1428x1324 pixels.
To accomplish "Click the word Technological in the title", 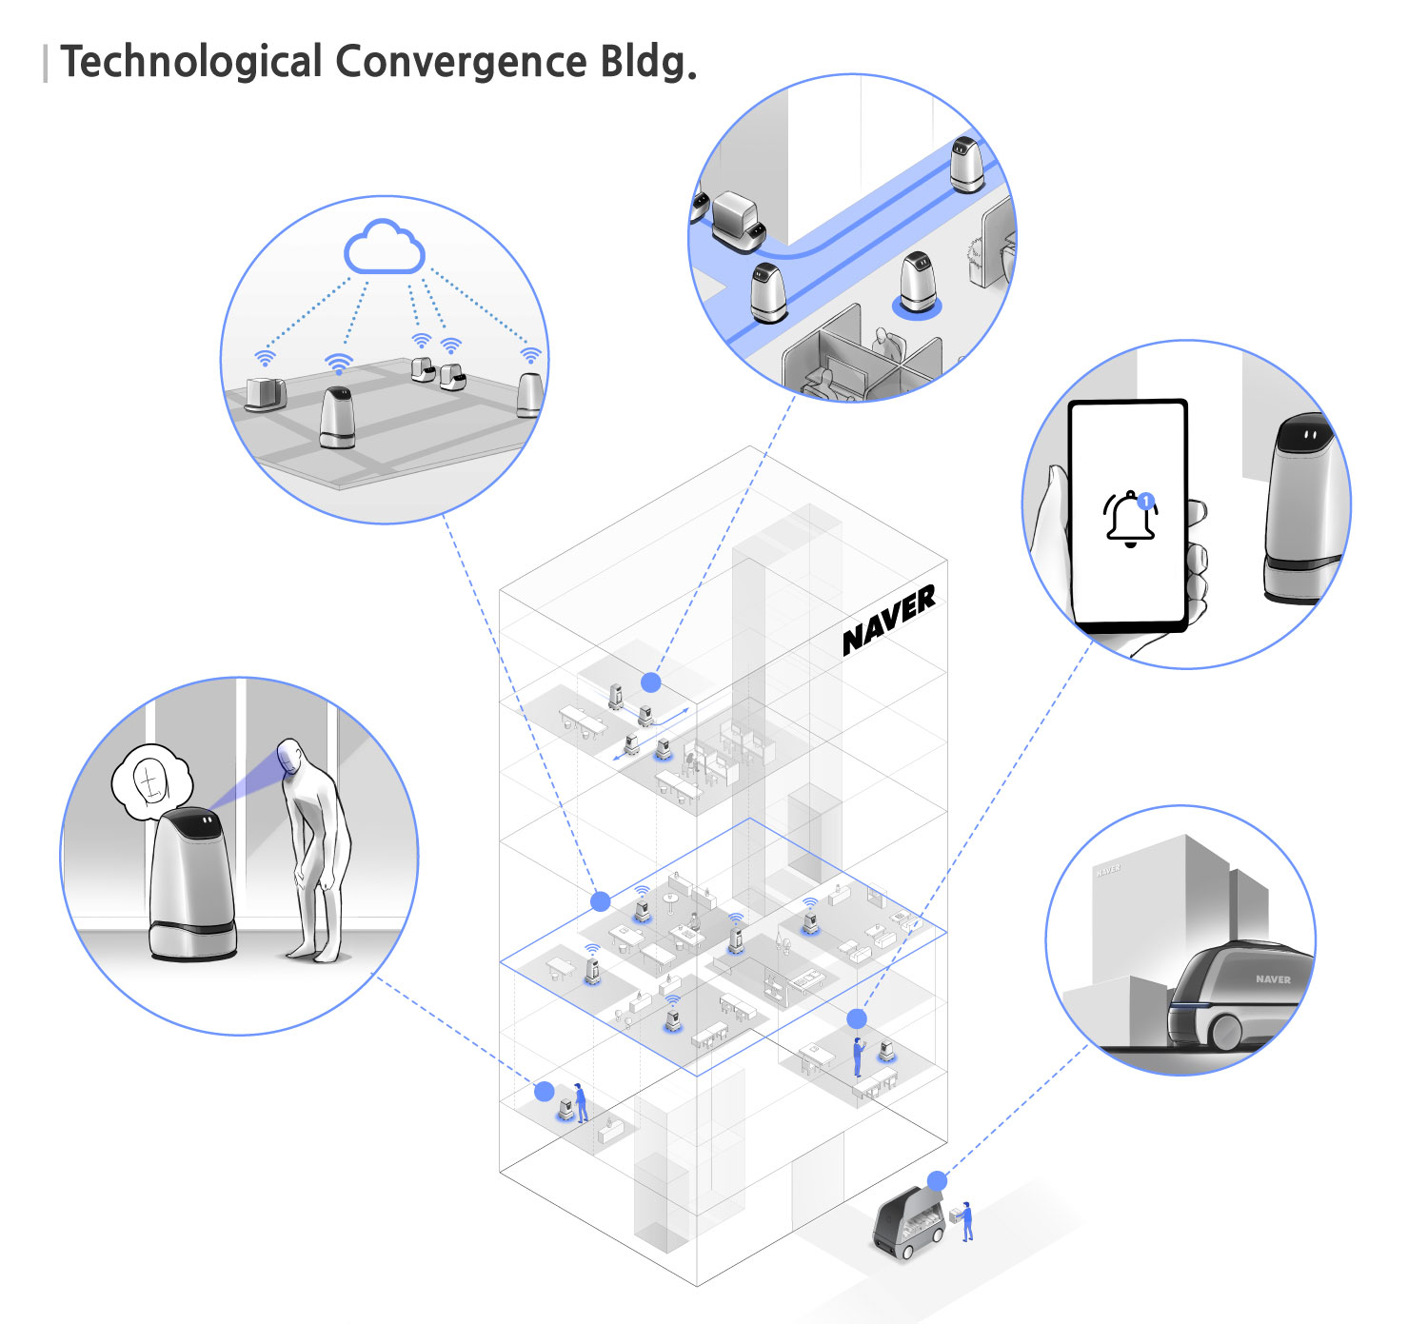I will click(x=191, y=63).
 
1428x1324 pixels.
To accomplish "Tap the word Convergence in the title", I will click(x=461, y=63).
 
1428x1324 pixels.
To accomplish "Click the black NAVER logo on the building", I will click(x=889, y=621).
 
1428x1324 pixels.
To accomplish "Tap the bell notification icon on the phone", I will click(x=1130, y=519).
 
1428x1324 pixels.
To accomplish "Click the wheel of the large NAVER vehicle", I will click(x=1227, y=1031).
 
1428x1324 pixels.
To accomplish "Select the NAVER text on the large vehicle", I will click(x=1272, y=978).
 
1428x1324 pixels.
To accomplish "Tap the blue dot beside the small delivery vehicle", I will click(x=937, y=1181).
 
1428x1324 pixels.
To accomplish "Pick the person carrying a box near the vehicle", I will click(x=966, y=1221).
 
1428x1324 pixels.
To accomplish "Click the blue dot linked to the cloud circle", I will click(x=600, y=900).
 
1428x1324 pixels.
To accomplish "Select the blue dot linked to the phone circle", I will click(x=857, y=1018).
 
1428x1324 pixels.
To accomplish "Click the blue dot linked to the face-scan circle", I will click(x=544, y=1091).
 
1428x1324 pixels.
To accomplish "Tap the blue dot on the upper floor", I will click(x=651, y=682).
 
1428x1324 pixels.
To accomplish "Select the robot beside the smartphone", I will click(x=1301, y=509).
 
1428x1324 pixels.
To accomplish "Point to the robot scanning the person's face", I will click(x=191, y=885).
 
